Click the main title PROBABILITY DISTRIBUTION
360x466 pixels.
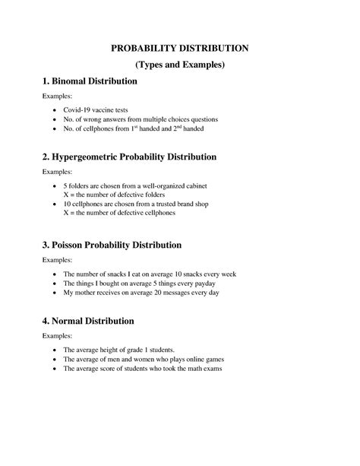179,47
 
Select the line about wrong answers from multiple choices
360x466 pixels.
141,120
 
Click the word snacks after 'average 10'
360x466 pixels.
200,274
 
